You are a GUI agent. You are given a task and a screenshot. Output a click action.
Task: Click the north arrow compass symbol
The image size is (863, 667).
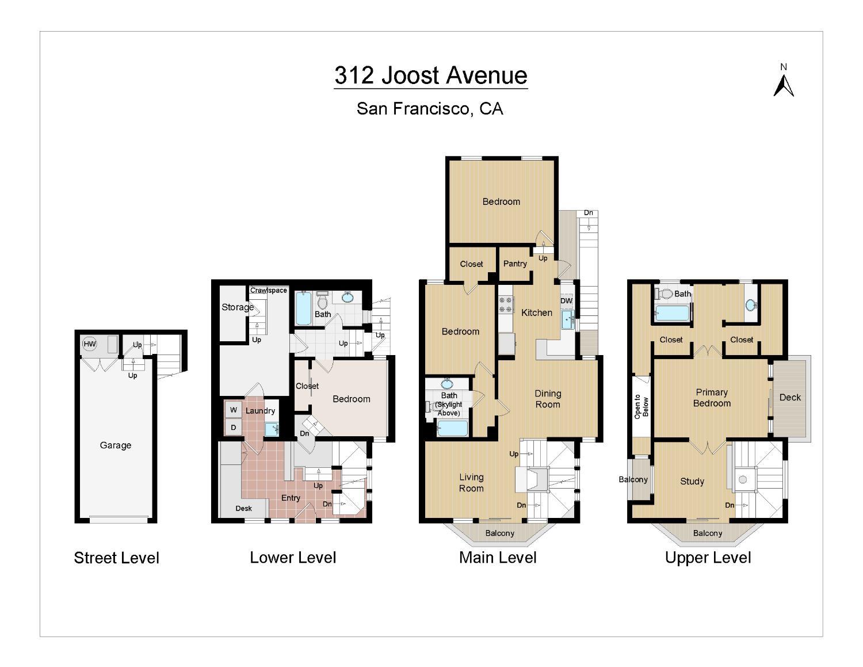click(x=783, y=86)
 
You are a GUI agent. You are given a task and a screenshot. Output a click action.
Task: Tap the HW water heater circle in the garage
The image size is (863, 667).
click(x=89, y=344)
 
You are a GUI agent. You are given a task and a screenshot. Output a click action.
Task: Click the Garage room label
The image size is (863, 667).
click(x=115, y=445)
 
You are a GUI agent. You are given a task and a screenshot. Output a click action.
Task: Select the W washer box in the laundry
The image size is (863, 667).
click(x=234, y=410)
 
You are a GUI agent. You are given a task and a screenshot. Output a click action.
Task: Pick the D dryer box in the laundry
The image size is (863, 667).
click(x=234, y=428)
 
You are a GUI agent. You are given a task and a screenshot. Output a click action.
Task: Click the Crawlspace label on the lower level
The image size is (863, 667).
click(x=268, y=291)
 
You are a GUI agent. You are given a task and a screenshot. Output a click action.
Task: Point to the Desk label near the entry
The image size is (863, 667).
click(x=243, y=509)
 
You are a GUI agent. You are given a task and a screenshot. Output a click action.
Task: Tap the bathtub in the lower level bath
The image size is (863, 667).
click(x=303, y=308)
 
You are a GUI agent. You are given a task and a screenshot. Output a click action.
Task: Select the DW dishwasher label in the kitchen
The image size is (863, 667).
click(x=566, y=301)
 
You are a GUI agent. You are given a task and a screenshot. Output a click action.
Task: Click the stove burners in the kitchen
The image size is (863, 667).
click(x=505, y=304)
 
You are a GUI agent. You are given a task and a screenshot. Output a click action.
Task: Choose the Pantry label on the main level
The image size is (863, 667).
click(x=515, y=264)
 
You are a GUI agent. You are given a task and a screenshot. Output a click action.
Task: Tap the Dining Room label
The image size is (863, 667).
click(x=548, y=399)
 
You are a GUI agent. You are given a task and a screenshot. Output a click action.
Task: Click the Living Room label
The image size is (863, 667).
click(x=471, y=483)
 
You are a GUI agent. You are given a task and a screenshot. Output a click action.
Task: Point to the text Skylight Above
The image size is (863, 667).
click(x=449, y=409)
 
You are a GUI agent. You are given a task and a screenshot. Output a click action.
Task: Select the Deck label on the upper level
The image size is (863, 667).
click(x=790, y=397)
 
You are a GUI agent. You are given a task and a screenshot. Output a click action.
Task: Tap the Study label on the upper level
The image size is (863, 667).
click(x=692, y=482)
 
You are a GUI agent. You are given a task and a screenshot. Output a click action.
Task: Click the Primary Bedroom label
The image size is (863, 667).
click(x=712, y=398)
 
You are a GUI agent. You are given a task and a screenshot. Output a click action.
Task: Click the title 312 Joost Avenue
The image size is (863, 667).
click(x=431, y=75)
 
